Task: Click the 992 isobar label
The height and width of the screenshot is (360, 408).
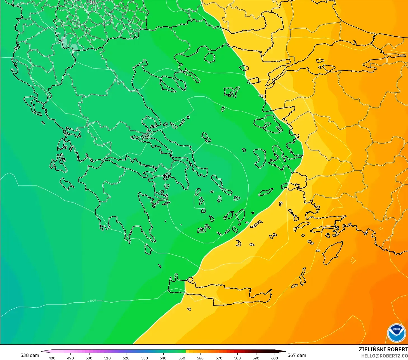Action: click(176, 229)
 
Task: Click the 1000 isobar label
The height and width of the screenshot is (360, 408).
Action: click(93, 301)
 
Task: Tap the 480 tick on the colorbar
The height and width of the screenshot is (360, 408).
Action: click(52, 358)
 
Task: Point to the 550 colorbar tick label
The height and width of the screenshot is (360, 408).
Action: click(182, 358)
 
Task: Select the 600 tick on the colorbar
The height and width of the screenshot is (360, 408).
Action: click(275, 358)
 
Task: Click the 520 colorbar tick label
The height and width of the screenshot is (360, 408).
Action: click(126, 358)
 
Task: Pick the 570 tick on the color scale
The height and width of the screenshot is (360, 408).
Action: click(219, 358)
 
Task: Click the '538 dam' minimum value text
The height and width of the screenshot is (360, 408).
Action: click(30, 355)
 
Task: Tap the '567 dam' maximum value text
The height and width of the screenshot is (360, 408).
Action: click(297, 355)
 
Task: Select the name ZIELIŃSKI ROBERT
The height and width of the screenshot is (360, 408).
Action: click(383, 349)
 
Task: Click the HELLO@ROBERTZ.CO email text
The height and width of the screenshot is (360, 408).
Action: click(385, 356)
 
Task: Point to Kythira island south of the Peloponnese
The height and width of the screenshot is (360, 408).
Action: click(148, 249)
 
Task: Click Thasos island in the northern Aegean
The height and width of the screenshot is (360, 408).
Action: click(209, 58)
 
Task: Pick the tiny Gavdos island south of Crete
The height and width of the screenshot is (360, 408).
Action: click(189, 309)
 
